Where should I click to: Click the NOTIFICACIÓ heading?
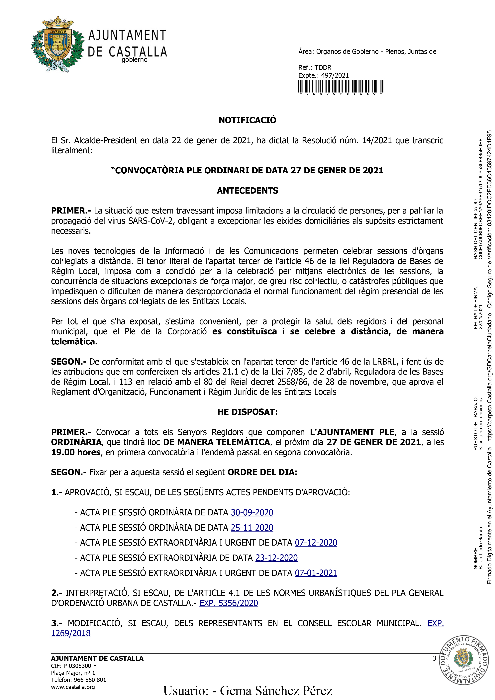point(247,120)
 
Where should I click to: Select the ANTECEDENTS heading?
point(247,191)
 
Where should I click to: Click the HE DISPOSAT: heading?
point(247,412)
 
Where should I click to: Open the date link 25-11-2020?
point(252,528)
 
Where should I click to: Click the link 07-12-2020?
point(316,543)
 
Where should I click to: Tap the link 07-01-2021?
point(316,573)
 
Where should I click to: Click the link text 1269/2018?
point(71,633)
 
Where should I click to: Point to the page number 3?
point(434,658)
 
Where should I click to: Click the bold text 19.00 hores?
point(76,452)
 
